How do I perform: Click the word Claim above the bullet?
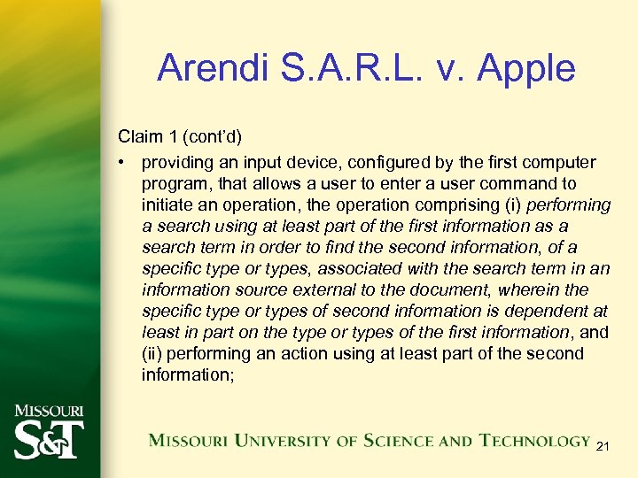[x=139, y=137]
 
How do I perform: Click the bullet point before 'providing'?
[x=122, y=163]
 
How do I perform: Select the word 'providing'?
[x=175, y=163]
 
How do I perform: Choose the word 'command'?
[x=519, y=184]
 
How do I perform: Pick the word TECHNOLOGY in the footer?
[x=535, y=440]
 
